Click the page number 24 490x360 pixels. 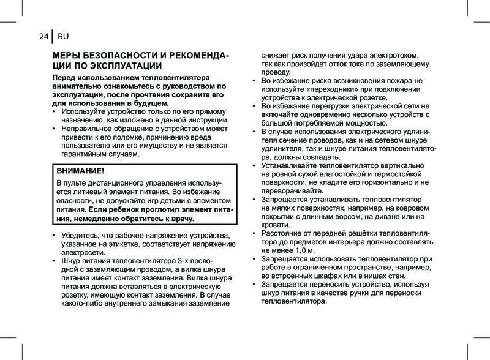pyautogui.click(x=43, y=36)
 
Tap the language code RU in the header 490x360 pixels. pyautogui.click(x=63, y=36)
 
